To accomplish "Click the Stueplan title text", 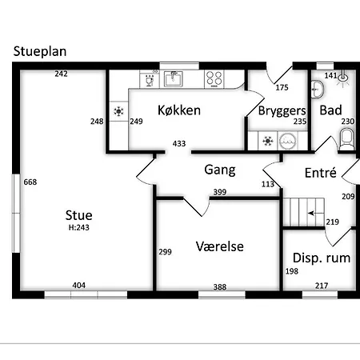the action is point(40,51).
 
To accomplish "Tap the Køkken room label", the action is point(179,110).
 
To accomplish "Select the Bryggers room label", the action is point(282,111).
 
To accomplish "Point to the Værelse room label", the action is point(220,246).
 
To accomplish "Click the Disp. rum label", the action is point(322,258).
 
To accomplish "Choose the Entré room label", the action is point(320,173).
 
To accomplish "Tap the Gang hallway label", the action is point(220,170).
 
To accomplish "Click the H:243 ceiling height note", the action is point(79,227).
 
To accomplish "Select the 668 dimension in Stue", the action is point(30,182).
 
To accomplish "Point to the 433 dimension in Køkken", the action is point(179,144).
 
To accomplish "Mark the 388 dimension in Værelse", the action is point(220,287).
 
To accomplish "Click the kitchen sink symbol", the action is point(174,79).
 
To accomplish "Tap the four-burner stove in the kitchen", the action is point(214,78).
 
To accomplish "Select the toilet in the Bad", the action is point(346,139).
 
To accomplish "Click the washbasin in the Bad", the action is point(318,89).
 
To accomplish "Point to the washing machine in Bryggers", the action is point(287,141).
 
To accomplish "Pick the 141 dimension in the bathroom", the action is point(330,75).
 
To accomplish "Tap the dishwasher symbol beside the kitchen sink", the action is point(150,79).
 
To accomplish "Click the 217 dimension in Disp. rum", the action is point(322,286).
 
